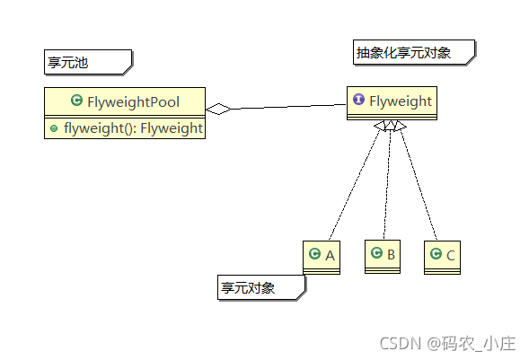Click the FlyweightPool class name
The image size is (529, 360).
(133, 102)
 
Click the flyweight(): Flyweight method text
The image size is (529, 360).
(133, 128)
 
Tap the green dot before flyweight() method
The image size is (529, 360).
(54, 129)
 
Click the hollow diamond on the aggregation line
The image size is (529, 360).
(218, 110)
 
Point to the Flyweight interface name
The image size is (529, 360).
(400, 101)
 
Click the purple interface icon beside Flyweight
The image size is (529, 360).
(358, 101)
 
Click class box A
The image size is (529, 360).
(322, 257)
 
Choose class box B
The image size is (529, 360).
(383, 256)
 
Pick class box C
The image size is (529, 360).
(443, 257)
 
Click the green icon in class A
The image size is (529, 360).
(314, 255)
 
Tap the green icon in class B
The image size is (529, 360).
(375, 254)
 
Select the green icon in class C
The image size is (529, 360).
(436, 255)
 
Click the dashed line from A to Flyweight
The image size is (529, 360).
(355, 189)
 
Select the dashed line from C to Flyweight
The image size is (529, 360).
(419, 189)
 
